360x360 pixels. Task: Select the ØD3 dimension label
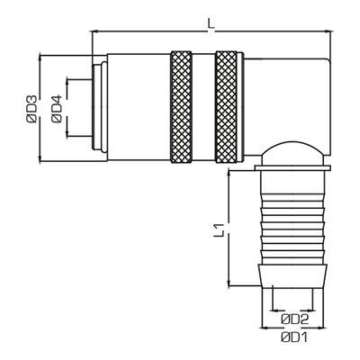(31, 109)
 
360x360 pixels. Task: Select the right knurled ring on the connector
(227, 109)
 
